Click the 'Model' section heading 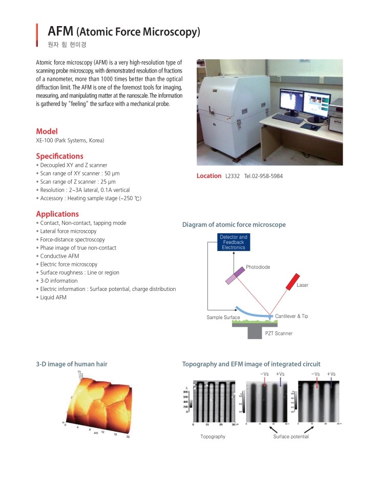pos(47,131)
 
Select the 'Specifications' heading pos(59,156)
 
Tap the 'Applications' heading pos(57,214)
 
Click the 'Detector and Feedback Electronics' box pos(233,242)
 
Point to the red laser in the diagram pos(293,281)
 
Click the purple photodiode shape pos(235,275)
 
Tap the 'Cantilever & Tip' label pos(291,317)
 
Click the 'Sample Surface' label pos(223,318)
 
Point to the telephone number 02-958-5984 pos(263,176)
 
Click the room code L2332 pos(232,176)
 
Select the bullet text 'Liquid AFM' pos(53,298)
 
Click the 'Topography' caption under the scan pos(213,437)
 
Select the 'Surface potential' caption pos(291,437)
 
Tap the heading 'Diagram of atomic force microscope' pos(234,224)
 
